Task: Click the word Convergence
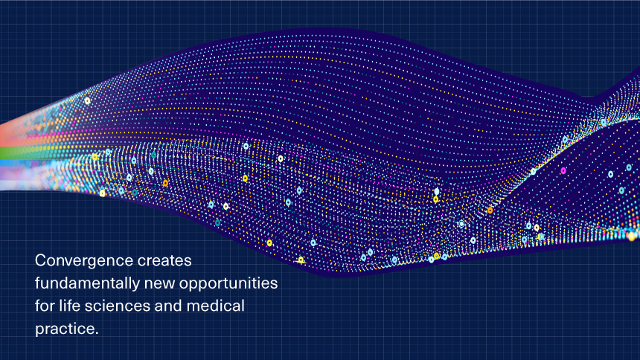(84, 260)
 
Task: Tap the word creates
(165, 260)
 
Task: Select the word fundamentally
(87, 283)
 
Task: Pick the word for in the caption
(45, 306)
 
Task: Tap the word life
(69, 306)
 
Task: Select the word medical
(216, 306)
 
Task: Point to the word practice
(65, 329)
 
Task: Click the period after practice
(97, 333)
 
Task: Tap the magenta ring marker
(563, 170)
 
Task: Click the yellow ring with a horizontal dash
(301, 260)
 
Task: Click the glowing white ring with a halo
(461, 224)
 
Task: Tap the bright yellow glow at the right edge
(633, 236)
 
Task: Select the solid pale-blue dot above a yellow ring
(437, 191)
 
